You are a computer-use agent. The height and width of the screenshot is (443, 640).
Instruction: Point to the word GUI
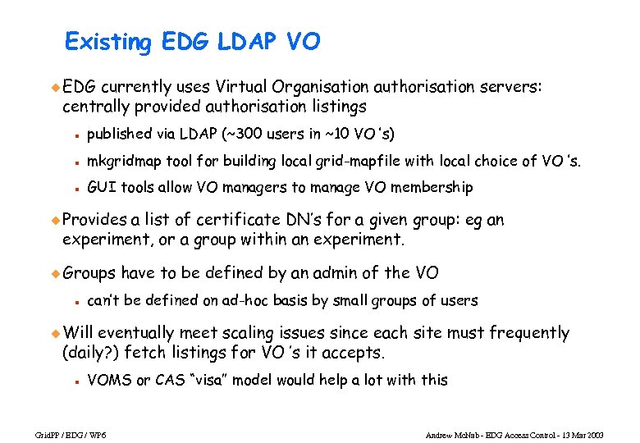(102, 188)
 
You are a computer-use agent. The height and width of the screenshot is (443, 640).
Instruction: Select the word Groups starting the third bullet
(89, 272)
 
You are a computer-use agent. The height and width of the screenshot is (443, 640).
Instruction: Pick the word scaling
(292, 333)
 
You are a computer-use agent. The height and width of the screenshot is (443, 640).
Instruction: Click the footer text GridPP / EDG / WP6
(58, 433)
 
